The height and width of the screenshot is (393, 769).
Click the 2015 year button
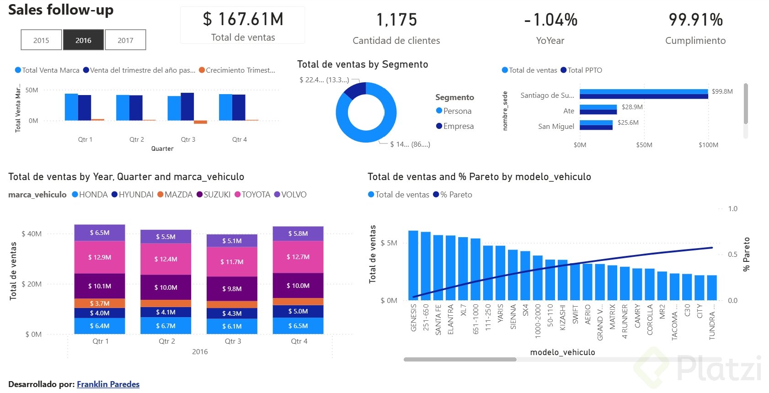[x=41, y=40]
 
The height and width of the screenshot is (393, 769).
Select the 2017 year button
[x=125, y=40]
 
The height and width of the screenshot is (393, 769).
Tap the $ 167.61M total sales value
[x=243, y=20]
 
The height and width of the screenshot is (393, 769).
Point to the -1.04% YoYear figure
[x=550, y=20]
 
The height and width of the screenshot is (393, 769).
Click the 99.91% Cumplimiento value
[x=695, y=20]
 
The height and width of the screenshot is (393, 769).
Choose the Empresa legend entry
[x=458, y=126]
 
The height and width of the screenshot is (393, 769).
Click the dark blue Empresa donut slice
[x=354, y=90]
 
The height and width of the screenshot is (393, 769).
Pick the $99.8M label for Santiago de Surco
[x=722, y=91]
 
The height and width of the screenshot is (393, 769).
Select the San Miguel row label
[x=556, y=127]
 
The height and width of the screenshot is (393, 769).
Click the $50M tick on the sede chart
[x=644, y=145]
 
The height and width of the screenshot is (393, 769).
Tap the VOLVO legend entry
[x=293, y=195]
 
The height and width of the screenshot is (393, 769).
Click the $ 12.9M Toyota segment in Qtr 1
[x=100, y=257]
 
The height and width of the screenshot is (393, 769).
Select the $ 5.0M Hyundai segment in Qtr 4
[x=298, y=311]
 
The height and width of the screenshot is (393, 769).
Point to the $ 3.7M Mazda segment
[x=100, y=303]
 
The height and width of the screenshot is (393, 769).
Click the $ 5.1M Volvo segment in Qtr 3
[x=232, y=241]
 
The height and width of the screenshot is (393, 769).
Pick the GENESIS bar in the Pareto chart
[x=413, y=265]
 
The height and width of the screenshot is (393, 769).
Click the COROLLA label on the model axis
[x=650, y=319]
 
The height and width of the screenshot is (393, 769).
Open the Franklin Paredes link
[x=108, y=384]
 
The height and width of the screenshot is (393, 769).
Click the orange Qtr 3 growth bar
[x=200, y=122]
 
